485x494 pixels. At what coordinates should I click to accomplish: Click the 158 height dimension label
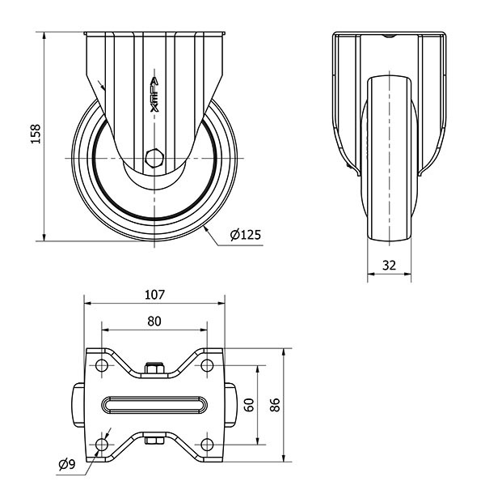(36, 134)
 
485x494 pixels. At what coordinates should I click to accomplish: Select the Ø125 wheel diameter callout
(246, 234)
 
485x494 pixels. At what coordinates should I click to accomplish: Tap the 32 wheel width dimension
(389, 266)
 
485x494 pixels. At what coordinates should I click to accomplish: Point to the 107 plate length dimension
(154, 295)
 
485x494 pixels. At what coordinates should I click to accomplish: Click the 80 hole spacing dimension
(154, 321)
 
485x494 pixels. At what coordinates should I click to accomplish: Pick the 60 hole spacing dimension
(249, 405)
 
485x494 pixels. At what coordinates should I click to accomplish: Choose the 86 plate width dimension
(275, 405)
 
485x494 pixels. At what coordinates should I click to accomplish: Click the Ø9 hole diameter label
(67, 464)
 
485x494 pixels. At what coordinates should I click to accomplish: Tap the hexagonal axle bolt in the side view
(154, 157)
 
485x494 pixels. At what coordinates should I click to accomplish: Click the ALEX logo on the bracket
(154, 95)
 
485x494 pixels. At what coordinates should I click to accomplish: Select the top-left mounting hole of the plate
(102, 365)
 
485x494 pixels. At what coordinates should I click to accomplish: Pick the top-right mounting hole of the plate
(207, 365)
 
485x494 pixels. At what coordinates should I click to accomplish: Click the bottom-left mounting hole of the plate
(102, 445)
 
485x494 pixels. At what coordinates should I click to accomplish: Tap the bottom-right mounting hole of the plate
(207, 445)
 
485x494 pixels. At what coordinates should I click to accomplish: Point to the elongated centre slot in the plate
(154, 405)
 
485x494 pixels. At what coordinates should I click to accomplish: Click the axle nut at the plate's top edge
(154, 368)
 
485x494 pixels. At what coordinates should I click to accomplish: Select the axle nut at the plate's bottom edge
(154, 439)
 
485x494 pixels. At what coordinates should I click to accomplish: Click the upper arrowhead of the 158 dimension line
(44, 36)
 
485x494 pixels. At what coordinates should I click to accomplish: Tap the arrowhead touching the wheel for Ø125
(206, 229)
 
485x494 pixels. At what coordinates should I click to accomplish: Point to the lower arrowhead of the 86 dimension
(284, 458)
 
